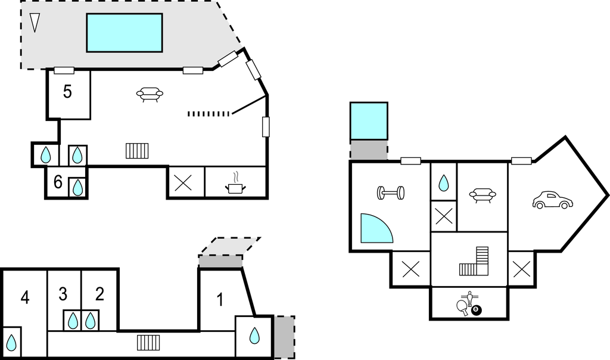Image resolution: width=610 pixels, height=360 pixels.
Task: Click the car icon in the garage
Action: (x=552, y=200)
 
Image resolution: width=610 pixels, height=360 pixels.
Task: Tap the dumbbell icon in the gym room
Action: (x=391, y=193)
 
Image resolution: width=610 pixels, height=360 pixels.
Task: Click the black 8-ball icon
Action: (x=477, y=311)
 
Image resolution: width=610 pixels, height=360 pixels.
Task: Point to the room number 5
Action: (x=67, y=92)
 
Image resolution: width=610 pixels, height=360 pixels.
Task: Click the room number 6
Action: (x=58, y=182)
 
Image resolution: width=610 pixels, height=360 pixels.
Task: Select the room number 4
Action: (x=25, y=298)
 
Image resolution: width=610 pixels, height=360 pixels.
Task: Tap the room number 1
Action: (x=220, y=300)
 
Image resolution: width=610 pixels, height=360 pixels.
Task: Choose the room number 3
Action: (x=63, y=294)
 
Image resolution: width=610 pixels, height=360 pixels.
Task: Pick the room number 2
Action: (x=99, y=294)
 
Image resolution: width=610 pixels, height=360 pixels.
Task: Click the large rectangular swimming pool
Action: (x=124, y=33)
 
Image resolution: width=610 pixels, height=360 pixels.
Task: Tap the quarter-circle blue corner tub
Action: (x=374, y=229)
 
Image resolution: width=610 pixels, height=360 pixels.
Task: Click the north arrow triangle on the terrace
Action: (x=35, y=23)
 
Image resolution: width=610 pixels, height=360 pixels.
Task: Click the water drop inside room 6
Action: (x=78, y=187)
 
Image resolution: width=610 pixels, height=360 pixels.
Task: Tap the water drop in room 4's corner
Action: (x=12, y=343)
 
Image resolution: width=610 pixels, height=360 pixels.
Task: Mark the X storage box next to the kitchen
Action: (x=183, y=183)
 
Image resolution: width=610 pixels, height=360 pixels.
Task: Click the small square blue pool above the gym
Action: (x=369, y=121)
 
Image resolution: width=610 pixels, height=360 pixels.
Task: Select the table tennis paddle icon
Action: (x=463, y=307)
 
